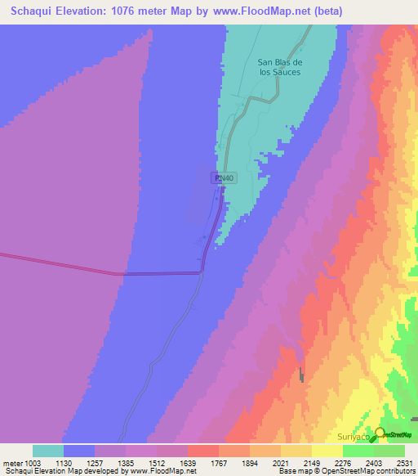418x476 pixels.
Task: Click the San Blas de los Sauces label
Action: (280, 67)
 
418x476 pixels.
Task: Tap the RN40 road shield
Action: (225, 177)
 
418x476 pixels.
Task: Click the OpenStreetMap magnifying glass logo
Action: (380, 434)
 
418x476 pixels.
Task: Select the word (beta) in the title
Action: (326, 11)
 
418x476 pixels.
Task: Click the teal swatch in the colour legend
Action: (48, 451)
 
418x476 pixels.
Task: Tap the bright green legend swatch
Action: (389, 451)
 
